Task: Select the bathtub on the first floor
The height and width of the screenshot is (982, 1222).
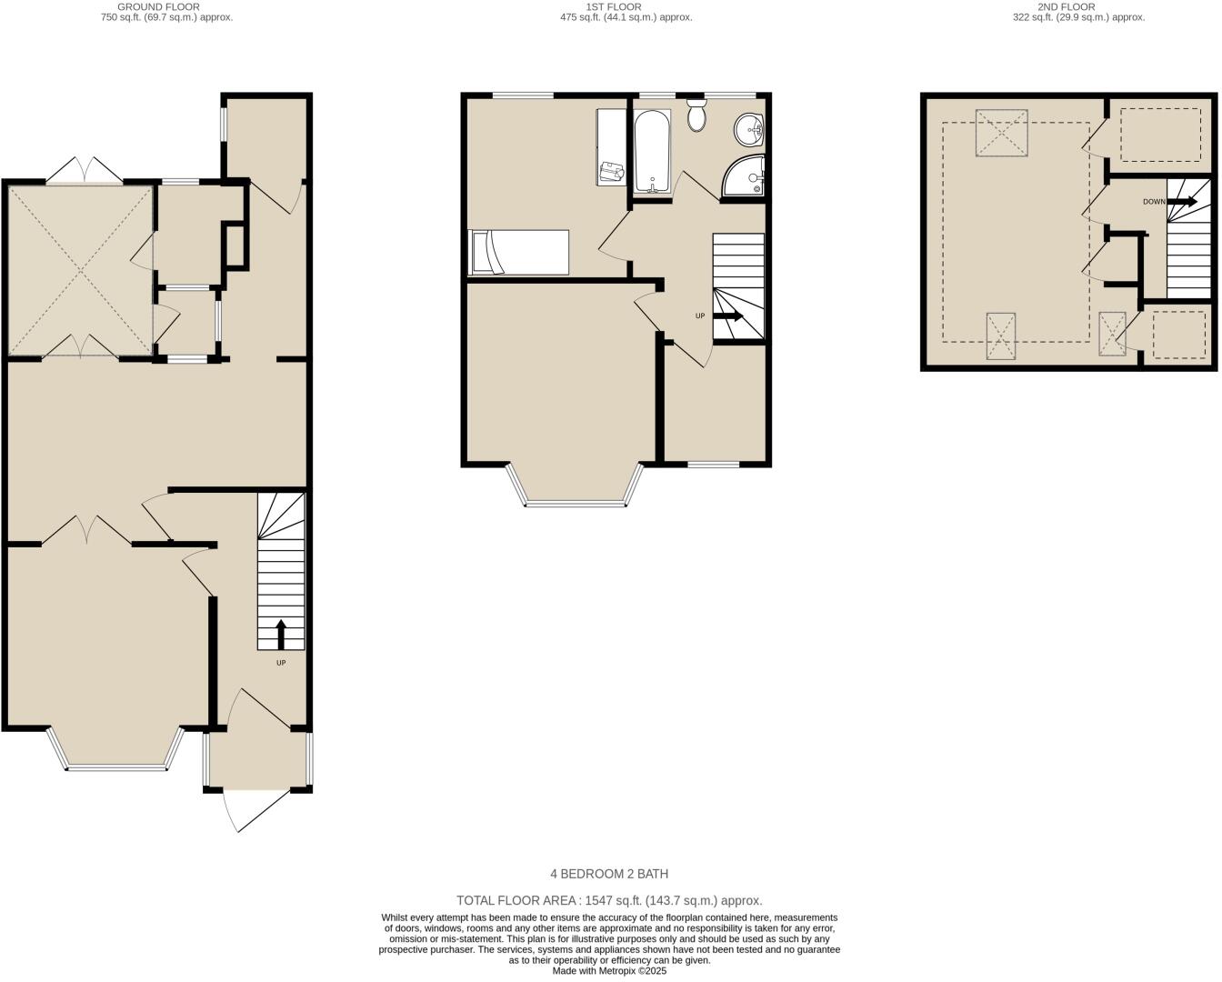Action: click(652, 151)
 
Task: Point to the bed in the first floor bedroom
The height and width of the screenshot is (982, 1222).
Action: click(518, 252)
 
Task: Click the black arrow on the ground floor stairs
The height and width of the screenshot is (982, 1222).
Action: click(280, 633)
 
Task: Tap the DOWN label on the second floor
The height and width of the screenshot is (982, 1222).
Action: click(1154, 202)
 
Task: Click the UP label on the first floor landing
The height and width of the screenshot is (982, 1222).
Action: click(699, 316)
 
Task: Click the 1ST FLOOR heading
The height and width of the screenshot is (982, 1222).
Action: click(614, 6)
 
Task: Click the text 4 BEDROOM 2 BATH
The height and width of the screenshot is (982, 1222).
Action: click(609, 874)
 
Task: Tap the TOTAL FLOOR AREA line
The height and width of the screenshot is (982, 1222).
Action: click(609, 900)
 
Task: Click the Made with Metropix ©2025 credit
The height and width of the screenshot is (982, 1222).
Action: click(609, 970)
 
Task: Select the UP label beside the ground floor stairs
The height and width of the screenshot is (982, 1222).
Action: click(281, 663)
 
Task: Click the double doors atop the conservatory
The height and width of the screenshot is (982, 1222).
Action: click(85, 170)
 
